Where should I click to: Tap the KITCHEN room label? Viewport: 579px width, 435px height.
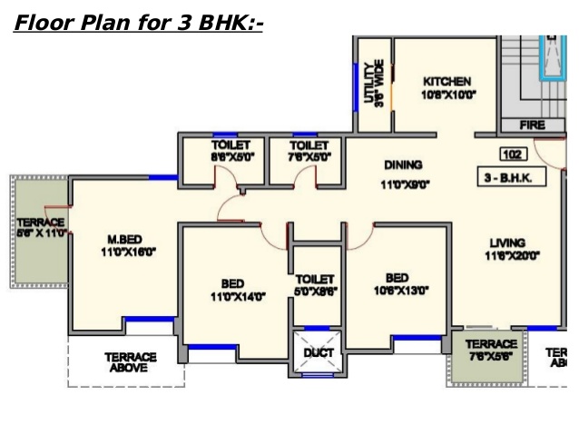pyautogui.click(x=448, y=81)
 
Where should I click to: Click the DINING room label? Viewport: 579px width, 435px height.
pyautogui.click(x=403, y=165)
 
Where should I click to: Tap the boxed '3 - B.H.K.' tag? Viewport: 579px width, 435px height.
pyautogui.click(x=513, y=178)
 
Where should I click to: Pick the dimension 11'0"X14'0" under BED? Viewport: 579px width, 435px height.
pyautogui.click(x=235, y=297)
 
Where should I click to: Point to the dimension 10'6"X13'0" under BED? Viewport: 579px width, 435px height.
pyautogui.click(x=397, y=292)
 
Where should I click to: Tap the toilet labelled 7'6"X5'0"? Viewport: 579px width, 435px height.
pyautogui.click(x=309, y=157)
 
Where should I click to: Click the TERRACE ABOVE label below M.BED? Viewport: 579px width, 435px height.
pyautogui.click(x=131, y=362)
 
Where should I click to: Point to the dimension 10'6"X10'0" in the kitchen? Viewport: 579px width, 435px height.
pyautogui.click(x=448, y=94)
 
